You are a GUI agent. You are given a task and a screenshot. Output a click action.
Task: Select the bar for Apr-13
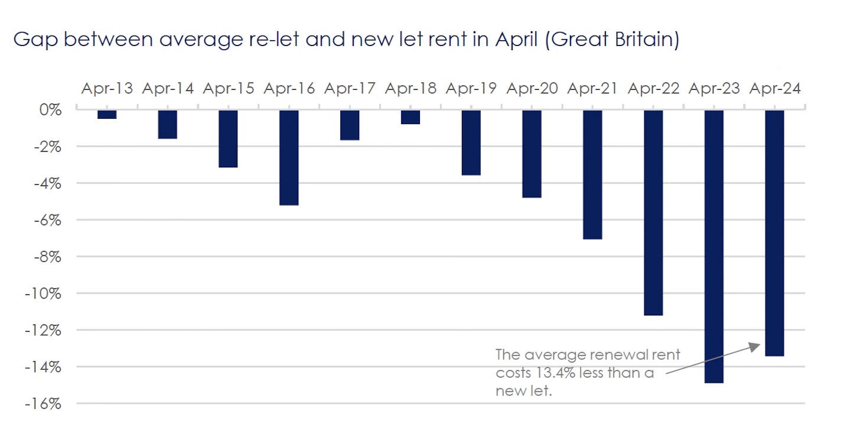tap(107, 115)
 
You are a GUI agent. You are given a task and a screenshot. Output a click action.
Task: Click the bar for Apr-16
tap(289, 158)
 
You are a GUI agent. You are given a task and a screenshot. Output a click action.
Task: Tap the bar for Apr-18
tap(411, 117)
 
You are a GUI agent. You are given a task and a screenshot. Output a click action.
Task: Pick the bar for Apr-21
tap(592, 175)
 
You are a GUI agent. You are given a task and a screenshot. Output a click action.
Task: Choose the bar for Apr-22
tap(653, 213)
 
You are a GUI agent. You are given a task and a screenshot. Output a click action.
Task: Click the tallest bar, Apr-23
tap(714, 246)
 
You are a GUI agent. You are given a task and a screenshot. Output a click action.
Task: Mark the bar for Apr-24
tap(774, 233)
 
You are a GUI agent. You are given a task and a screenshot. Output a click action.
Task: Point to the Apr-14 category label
tap(168, 89)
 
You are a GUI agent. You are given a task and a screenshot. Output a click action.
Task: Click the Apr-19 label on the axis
tap(471, 89)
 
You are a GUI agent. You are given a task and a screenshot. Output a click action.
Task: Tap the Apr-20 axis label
tap(532, 89)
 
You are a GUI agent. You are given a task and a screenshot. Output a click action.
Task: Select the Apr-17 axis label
tap(350, 89)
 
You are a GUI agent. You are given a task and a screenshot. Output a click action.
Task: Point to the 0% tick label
tap(51, 110)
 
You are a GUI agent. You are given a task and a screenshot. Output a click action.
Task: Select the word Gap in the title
tap(31, 40)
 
